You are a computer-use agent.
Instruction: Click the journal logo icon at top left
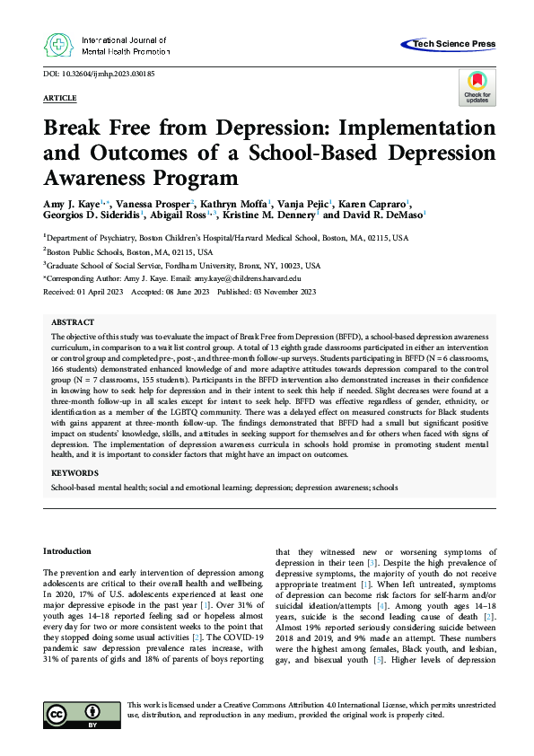tap(59, 46)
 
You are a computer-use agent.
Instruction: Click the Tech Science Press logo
tap(452, 43)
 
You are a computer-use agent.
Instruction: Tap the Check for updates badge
tap(477, 86)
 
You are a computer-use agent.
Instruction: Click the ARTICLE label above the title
tap(60, 97)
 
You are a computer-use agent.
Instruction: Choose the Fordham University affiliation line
tap(184, 266)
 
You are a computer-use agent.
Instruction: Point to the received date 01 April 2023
tap(94, 292)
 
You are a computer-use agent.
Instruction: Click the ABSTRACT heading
tap(73, 321)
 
